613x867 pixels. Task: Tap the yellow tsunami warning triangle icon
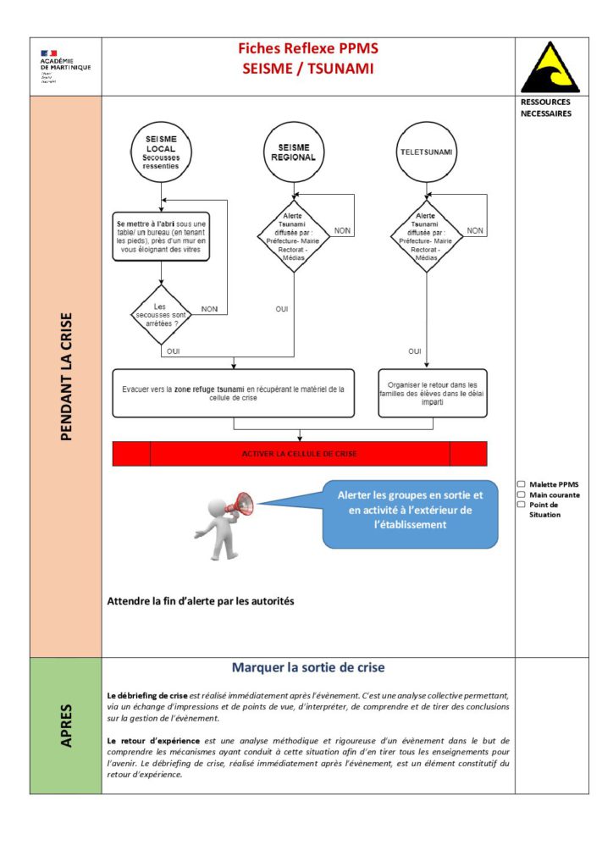[x=550, y=67]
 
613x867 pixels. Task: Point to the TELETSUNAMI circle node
[x=425, y=152]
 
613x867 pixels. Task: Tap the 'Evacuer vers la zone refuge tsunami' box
[x=234, y=394]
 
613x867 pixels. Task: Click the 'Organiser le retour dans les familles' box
[x=432, y=393]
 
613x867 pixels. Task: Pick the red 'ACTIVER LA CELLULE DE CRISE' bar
[x=300, y=454]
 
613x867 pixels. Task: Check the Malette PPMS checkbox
[x=522, y=484]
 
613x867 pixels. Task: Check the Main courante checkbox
[x=522, y=494]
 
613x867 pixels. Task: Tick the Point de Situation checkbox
[x=522, y=505]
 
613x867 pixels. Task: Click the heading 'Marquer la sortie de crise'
[x=308, y=667]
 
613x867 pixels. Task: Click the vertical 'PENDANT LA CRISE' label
[x=66, y=377]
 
